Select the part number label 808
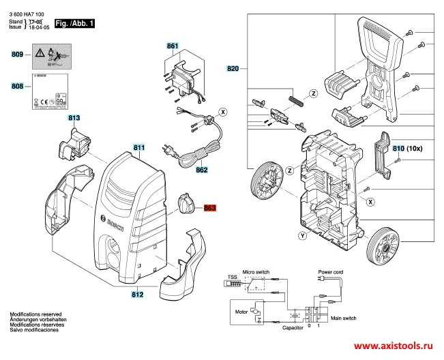(18, 87)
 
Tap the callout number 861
(173, 46)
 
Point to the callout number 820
(233, 69)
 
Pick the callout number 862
(202, 170)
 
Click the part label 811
(139, 148)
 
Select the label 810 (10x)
(406, 148)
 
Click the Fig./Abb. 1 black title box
(74, 24)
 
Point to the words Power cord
(330, 271)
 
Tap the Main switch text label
(344, 318)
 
